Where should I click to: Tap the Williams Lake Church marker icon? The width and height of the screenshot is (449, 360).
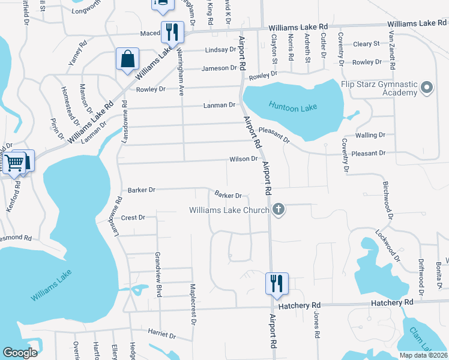click(x=277, y=209)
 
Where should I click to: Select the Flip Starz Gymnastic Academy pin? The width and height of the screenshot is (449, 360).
click(x=427, y=88)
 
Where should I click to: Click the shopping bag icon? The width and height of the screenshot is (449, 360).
click(x=128, y=59)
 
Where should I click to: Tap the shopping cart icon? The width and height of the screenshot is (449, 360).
click(x=16, y=161)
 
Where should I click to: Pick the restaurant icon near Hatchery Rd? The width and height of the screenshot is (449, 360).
click(x=277, y=283)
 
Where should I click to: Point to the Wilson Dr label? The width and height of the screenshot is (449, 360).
click(x=243, y=159)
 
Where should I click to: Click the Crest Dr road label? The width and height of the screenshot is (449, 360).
click(x=133, y=217)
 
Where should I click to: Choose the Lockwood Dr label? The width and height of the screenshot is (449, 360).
click(x=391, y=244)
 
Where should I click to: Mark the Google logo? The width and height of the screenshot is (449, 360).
click(x=20, y=353)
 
